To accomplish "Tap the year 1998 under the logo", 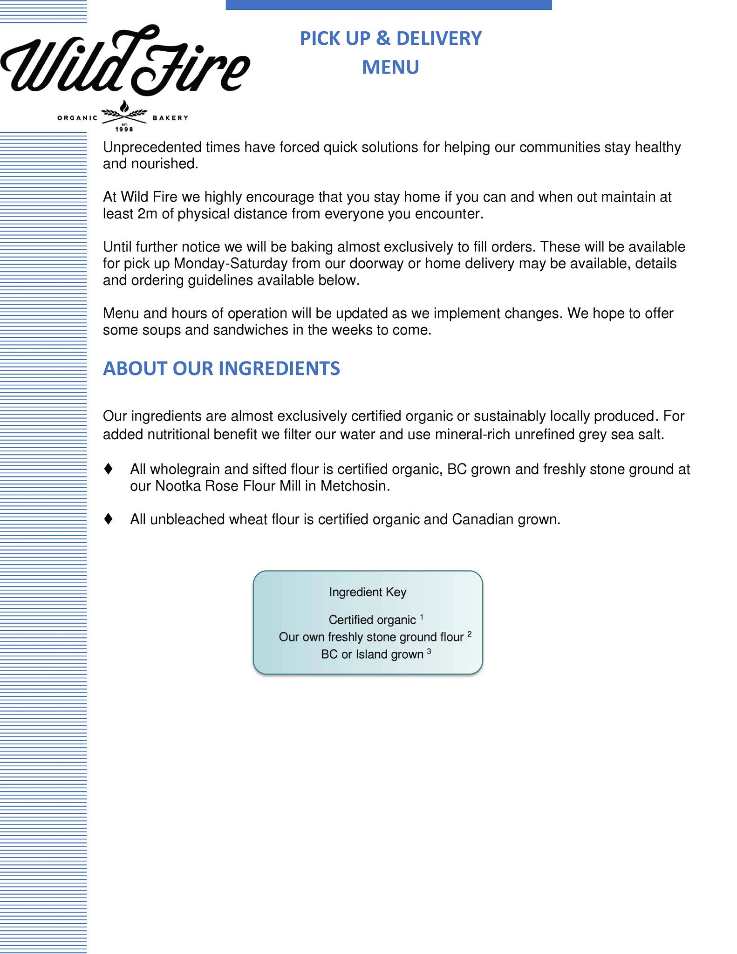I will pos(124,129).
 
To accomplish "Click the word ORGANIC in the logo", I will pos(77,118).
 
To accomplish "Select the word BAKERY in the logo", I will pos(171,118).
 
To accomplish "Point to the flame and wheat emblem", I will pos(124,111).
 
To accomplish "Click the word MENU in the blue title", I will pos(390,67).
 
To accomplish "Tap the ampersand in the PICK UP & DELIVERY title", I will pos(383,38).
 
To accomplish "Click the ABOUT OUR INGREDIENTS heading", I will pos(221,368).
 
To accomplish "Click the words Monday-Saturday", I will pos(231,264).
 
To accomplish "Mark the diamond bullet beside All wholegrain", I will pos(109,469).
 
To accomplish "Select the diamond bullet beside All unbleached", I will pos(109,519).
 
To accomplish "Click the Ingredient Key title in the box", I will pos(368,592).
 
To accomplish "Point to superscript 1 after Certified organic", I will pos(422,617).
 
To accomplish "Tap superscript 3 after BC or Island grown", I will pos(429,651).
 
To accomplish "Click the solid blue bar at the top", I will pos(389,5).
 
